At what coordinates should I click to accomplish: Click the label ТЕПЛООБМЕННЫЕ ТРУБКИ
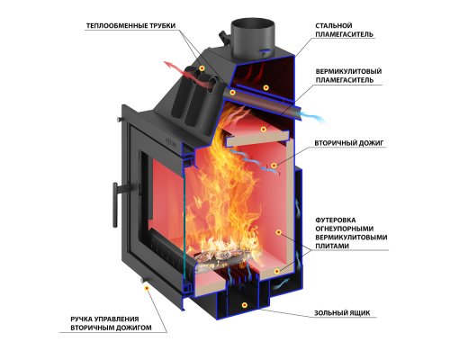(130, 26)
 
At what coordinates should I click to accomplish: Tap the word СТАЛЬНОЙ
(334, 25)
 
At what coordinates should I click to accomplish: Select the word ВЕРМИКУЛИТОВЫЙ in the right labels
(348, 71)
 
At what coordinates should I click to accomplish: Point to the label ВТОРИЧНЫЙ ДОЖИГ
(349, 143)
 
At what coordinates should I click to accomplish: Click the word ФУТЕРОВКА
(336, 220)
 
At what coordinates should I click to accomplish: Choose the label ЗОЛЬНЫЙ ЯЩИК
(342, 313)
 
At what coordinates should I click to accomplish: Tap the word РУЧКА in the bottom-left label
(81, 319)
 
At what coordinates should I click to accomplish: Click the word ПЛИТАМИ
(332, 246)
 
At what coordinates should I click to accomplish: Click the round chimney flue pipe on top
(252, 37)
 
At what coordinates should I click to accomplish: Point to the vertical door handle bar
(115, 204)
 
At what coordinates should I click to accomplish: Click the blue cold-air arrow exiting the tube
(313, 117)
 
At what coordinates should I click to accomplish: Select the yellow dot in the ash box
(245, 305)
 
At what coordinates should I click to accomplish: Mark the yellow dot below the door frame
(147, 288)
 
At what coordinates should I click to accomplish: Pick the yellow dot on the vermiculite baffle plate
(264, 130)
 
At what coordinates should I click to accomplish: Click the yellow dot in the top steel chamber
(265, 87)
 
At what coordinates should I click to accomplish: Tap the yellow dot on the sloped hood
(202, 68)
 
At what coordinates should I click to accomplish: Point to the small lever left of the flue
(224, 38)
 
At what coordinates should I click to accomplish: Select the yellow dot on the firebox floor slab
(277, 272)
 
